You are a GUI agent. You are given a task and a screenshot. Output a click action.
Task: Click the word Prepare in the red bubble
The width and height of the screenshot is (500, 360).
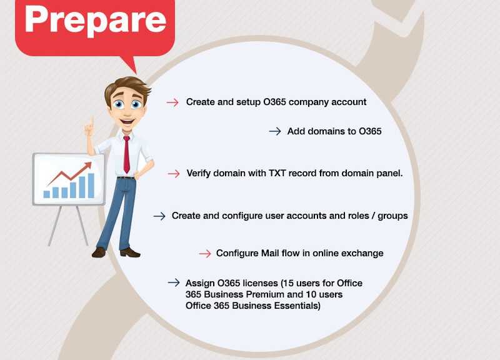coord(96,21)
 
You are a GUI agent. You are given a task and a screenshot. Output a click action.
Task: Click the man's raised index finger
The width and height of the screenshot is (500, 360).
coord(92,122)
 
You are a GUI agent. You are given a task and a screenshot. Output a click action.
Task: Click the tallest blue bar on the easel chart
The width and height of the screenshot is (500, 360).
coord(91,186)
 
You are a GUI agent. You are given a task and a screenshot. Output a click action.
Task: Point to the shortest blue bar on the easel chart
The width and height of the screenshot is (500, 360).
coord(46,194)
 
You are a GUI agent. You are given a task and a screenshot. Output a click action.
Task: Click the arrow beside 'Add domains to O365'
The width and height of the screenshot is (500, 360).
coord(275,131)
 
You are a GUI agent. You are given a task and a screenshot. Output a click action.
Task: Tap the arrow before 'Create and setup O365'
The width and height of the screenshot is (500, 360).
coord(172,102)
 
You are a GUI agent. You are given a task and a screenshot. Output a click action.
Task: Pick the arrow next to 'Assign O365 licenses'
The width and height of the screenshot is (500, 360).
coord(174,282)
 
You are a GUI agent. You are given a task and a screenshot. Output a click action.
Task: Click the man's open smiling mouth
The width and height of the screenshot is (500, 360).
coord(127,121)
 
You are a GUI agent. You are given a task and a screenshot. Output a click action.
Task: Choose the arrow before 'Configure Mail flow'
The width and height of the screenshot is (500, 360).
coord(205,254)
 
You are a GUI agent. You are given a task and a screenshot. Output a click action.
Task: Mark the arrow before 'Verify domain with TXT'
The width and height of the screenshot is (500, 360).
coord(174,174)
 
